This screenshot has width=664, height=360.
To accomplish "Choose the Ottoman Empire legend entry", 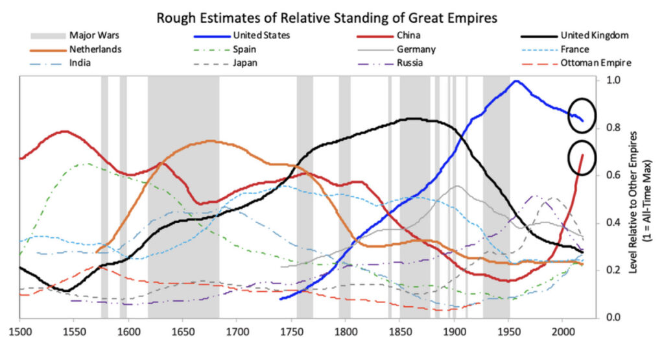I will pos(596,63).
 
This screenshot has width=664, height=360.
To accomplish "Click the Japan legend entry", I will pos(246,63).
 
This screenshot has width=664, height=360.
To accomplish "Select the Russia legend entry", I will pos(409,63).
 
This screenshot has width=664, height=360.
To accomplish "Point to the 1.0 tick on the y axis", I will pos(612,80).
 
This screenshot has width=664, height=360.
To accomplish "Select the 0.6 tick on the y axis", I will pos(612,175).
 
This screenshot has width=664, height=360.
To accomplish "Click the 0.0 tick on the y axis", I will pos(612,318).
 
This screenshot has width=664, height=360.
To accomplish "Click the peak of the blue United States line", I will pos(516,81).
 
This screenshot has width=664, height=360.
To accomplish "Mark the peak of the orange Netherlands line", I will pos(209,141).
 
